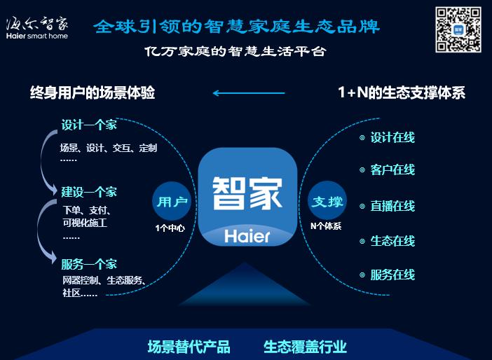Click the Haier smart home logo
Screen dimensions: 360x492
click(x=37, y=27)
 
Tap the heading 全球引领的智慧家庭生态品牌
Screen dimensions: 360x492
click(x=237, y=27)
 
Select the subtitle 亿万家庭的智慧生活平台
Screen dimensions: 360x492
click(x=235, y=52)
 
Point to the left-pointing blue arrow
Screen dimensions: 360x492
click(x=249, y=92)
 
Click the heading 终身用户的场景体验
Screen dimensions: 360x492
click(x=93, y=92)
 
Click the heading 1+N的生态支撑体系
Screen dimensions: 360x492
click(x=402, y=92)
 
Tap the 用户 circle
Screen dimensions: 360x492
click(x=170, y=202)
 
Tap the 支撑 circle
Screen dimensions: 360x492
click(x=327, y=202)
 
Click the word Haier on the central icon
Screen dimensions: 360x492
click(x=247, y=236)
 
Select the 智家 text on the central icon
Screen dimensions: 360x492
click(x=247, y=191)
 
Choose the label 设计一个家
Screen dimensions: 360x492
click(x=89, y=126)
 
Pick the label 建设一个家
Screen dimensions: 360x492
click(x=89, y=192)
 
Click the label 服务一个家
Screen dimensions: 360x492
click(x=89, y=264)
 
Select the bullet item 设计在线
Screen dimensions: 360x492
click(x=392, y=138)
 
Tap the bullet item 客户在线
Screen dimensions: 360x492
click(x=392, y=170)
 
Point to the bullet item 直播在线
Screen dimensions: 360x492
click(x=392, y=206)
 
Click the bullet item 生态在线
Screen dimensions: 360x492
click(x=392, y=241)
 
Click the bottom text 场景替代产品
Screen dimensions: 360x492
click(x=189, y=347)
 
